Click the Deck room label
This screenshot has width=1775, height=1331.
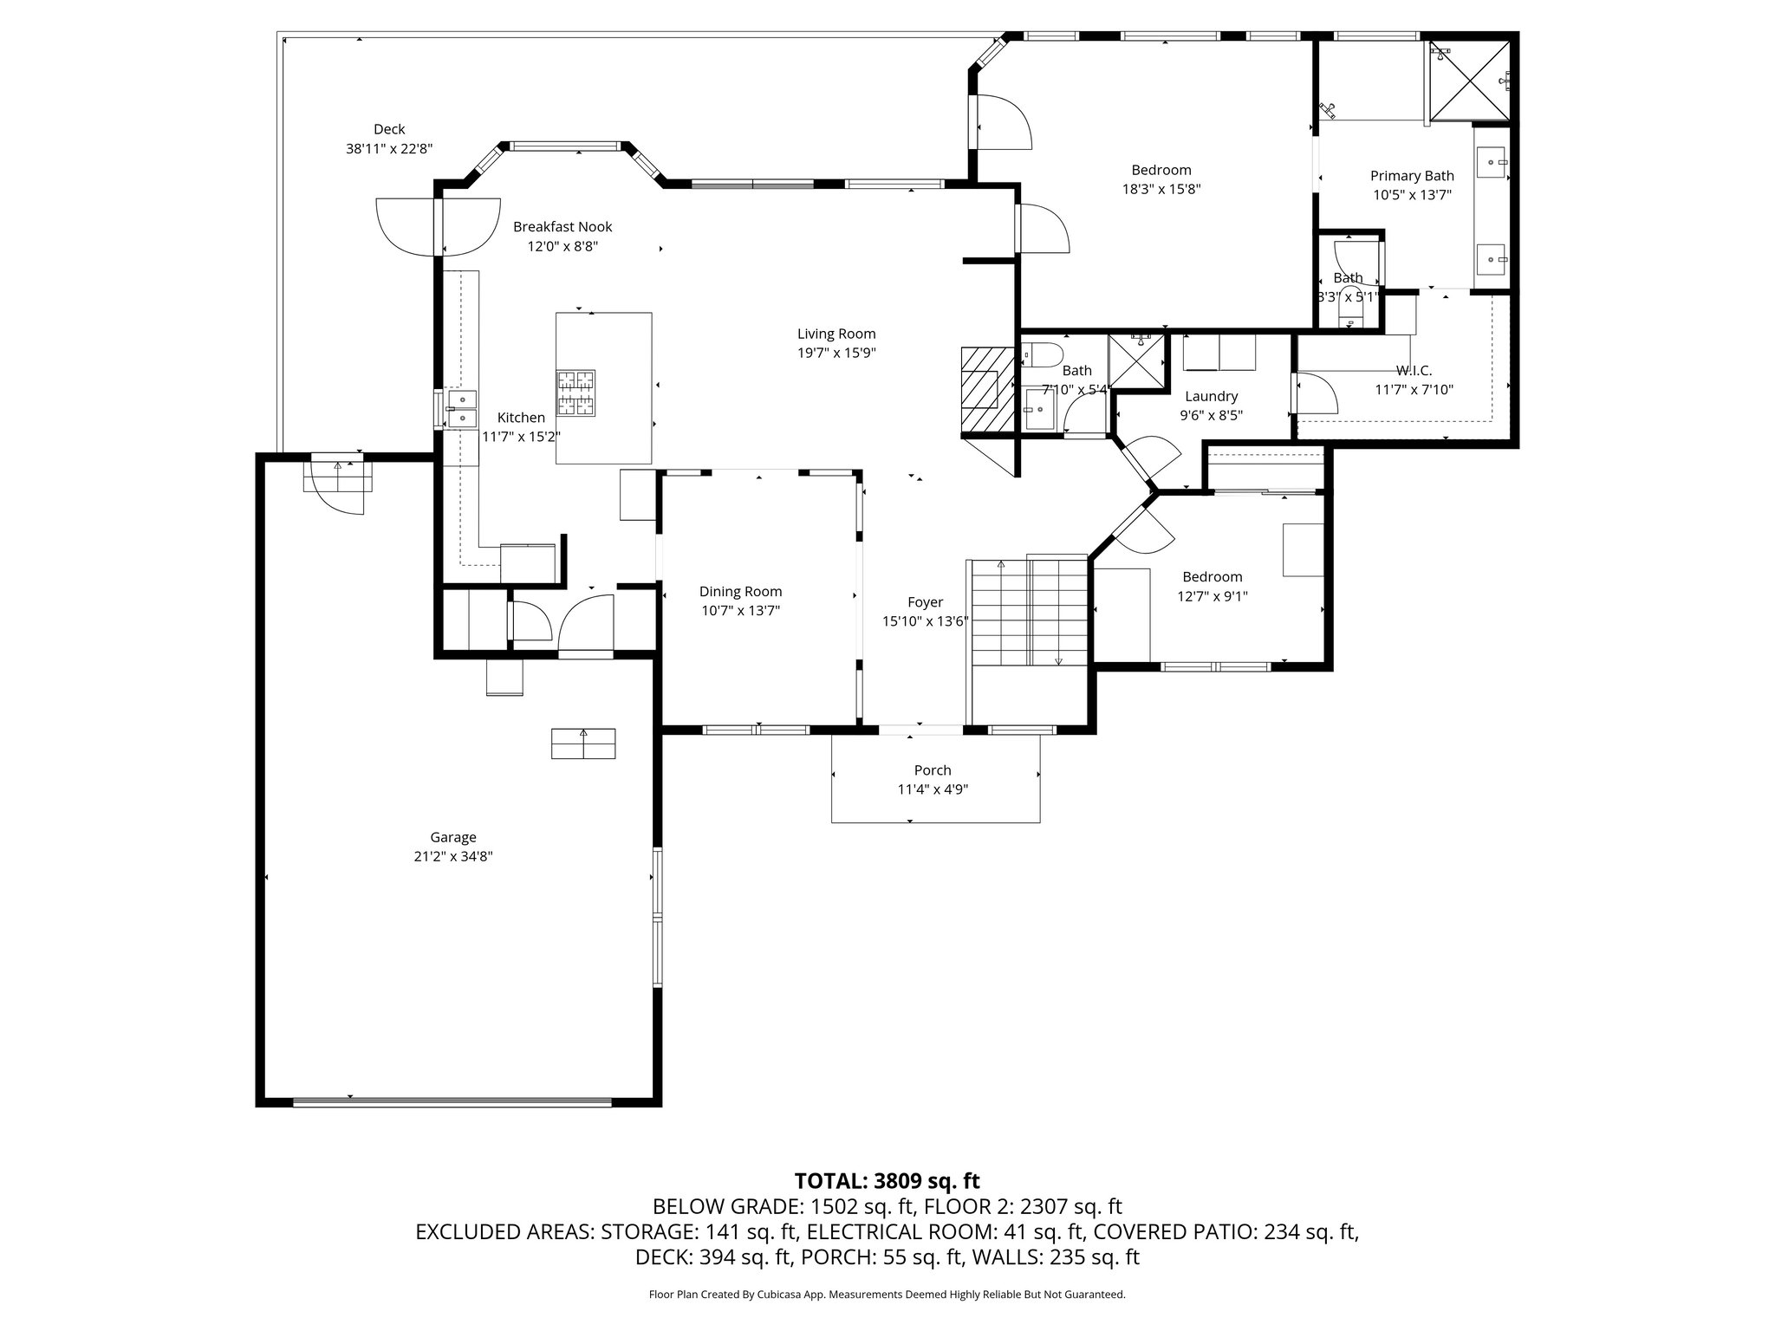389,129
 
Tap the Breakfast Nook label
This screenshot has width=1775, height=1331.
562,227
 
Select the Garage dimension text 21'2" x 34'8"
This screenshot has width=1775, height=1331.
453,857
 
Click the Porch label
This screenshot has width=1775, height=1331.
933,770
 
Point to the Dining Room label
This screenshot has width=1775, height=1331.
741,592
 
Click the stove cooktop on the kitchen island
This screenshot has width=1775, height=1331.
576,390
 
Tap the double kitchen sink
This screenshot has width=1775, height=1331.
462,409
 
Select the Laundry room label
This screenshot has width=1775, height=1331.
1212,397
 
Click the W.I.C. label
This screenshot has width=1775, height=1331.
1414,371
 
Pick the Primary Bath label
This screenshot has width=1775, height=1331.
1412,176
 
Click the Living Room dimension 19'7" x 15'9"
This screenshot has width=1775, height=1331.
836,354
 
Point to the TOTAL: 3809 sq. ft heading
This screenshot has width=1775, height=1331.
887,1181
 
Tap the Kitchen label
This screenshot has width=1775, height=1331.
521,418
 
